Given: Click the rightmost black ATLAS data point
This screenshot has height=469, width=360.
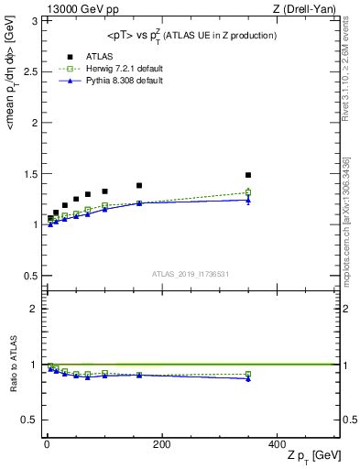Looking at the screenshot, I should pos(248,175).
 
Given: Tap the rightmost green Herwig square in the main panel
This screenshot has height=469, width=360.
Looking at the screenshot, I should pos(248,192).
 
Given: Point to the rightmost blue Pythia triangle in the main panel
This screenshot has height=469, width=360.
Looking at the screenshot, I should pos(248,200).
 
